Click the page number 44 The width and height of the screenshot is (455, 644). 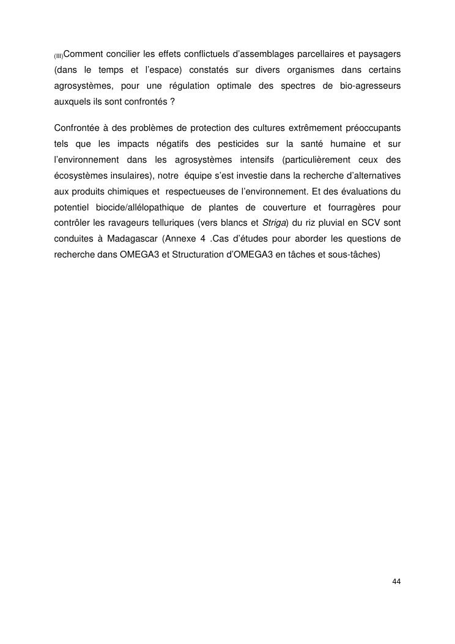pos(396,581)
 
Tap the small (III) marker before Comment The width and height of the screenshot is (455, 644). pos(59,57)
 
